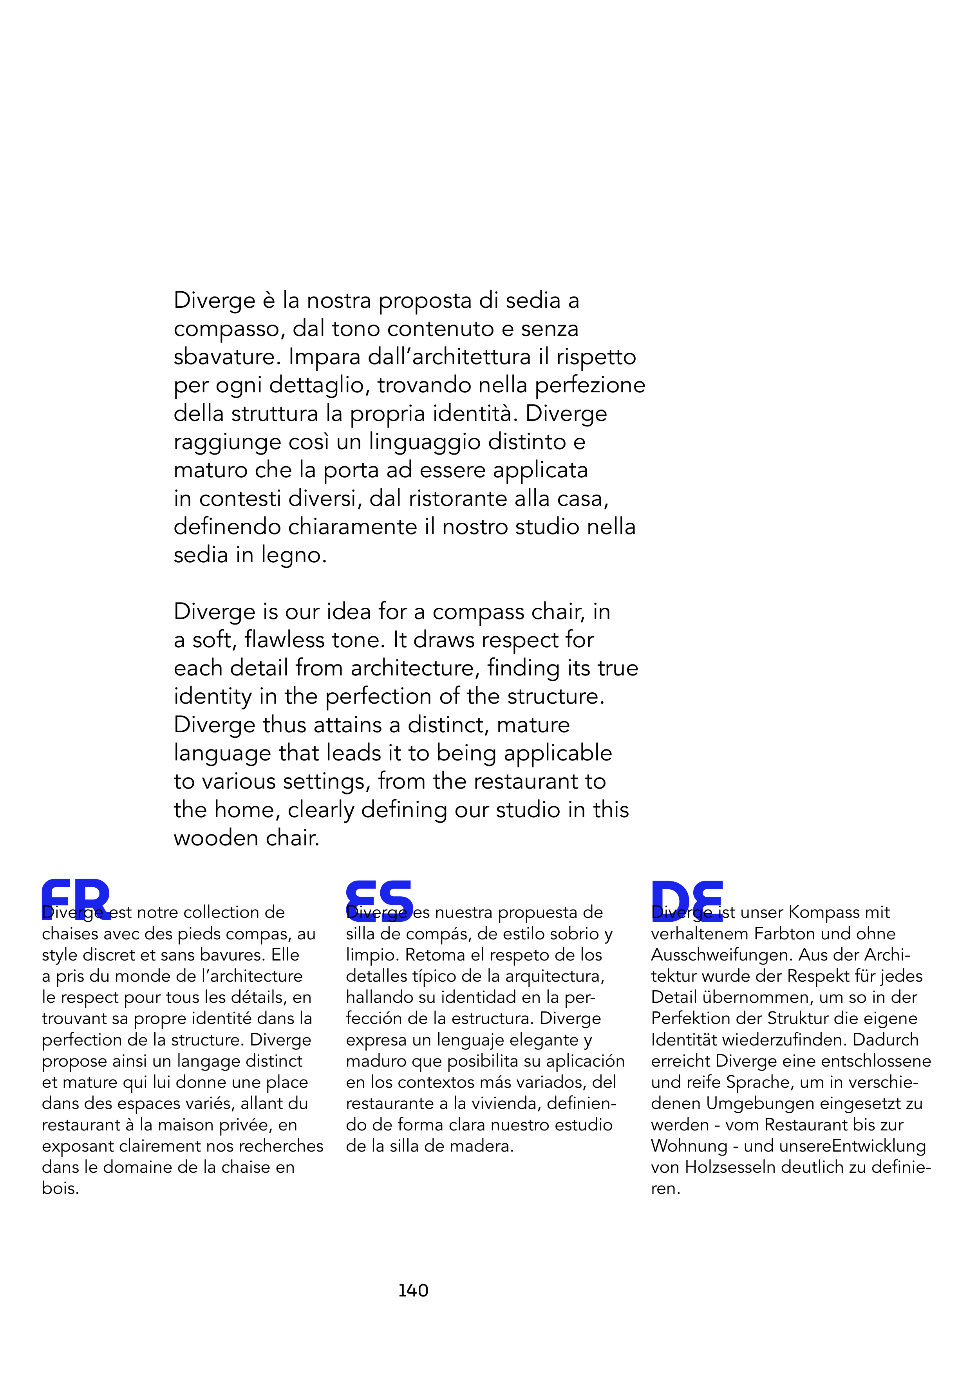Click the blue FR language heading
tap(76, 899)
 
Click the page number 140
tap(413, 1290)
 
